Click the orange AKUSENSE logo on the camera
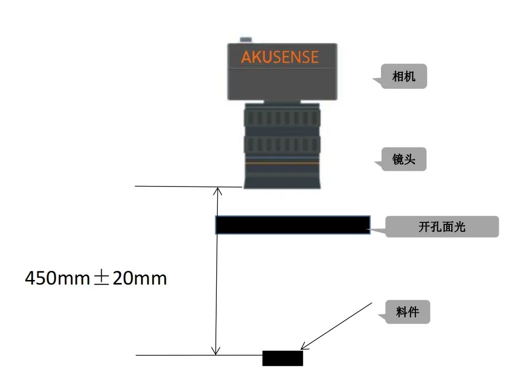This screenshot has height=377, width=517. click(x=280, y=57)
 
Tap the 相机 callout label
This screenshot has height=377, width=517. click(x=404, y=76)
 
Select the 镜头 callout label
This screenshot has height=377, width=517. click(x=404, y=159)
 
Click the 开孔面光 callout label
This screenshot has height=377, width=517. click(x=442, y=226)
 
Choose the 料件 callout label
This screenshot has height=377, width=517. click(x=407, y=312)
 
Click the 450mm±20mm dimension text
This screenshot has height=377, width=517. click(x=96, y=278)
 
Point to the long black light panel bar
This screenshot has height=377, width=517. click(x=293, y=225)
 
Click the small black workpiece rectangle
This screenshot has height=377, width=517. click(x=283, y=358)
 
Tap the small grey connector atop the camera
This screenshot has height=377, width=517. click(x=246, y=40)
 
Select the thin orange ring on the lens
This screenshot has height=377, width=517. click(x=282, y=163)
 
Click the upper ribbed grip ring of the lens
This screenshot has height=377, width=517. click(x=282, y=118)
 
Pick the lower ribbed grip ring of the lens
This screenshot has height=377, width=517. click(x=282, y=145)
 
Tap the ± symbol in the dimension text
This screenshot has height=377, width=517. click(x=101, y=278)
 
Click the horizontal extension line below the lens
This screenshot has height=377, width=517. click(x=189, y=186)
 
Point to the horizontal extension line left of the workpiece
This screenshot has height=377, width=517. click(x=199, y=355)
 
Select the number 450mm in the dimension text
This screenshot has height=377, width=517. click(x=58, y=278)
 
